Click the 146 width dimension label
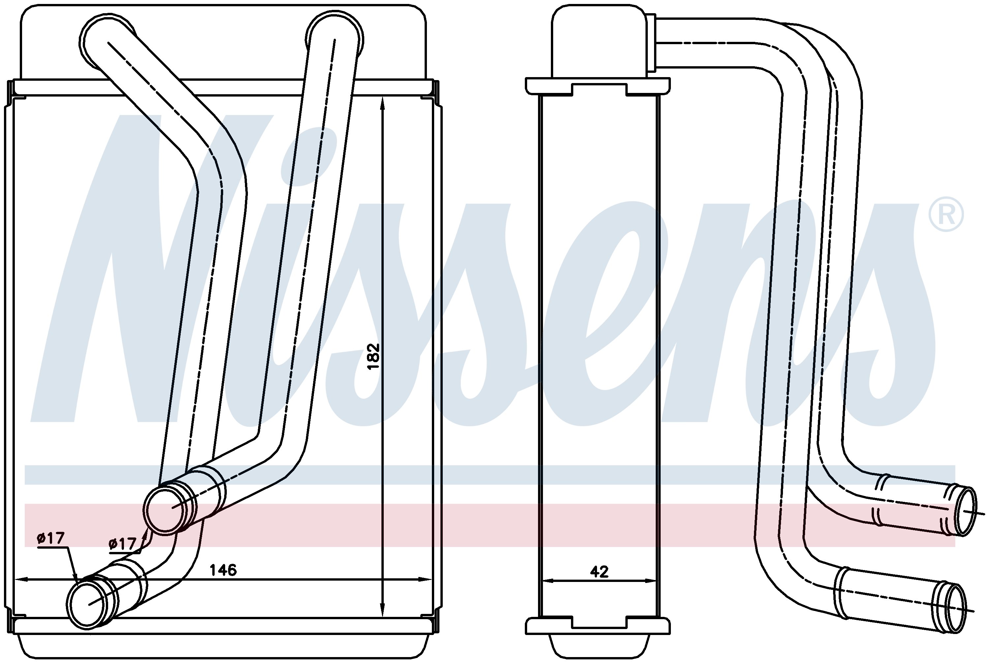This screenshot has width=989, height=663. point(224,570)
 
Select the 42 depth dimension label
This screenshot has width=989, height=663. point(599,572)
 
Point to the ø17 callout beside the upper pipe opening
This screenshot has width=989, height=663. point(123,543)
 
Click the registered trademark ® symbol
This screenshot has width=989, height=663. point(946,215)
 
